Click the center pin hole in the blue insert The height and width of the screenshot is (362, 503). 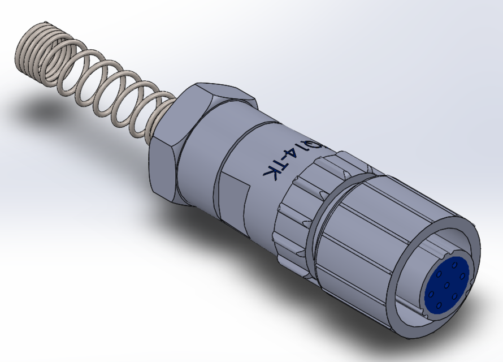click(446, 285)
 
